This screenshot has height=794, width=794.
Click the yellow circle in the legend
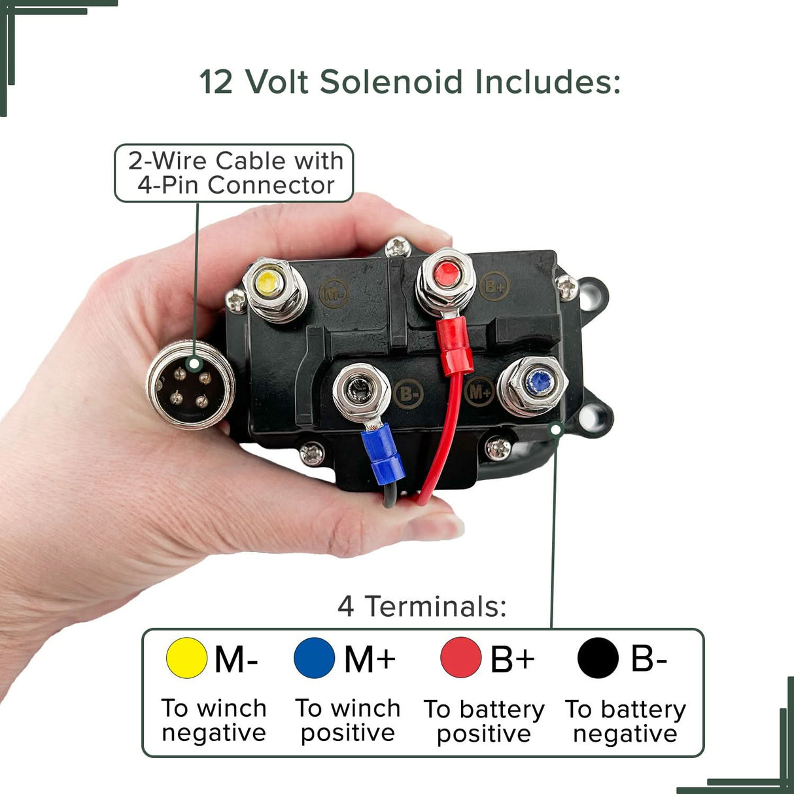tap(186, 658)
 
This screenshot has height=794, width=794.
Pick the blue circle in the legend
tap(315, 658)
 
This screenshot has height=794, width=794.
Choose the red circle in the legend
tap(461, 658)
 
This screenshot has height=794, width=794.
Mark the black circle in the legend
tap(598, 658)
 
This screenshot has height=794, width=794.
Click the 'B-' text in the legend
tap(648, 658)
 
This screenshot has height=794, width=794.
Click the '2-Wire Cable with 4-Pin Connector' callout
tap(234, 173)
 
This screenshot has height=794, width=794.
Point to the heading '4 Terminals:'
tap(423, 606)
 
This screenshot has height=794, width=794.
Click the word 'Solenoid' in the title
tap(391, 82)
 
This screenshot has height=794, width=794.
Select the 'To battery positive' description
tap(484, 721)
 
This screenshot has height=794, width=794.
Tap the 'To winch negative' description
tap(214, 721)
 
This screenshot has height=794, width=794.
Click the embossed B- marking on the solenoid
tap(409, 394)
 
